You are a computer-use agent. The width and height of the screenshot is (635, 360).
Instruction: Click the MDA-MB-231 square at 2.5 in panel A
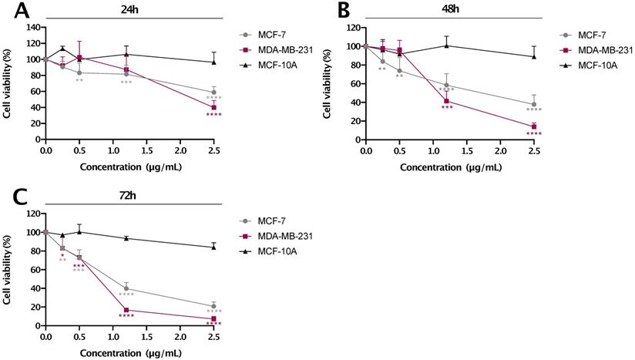pos(213,107)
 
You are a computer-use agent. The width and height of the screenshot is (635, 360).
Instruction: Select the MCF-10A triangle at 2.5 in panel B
pos(533,56)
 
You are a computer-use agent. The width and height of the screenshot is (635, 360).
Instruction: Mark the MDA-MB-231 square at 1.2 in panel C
pos(126,310)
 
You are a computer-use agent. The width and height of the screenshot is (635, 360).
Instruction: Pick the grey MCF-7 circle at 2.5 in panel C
pos(213,306)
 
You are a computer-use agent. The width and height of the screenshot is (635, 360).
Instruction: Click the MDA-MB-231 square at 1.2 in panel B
pos(446,101)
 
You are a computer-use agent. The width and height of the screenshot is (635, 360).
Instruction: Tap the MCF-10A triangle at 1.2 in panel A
pos(126,54)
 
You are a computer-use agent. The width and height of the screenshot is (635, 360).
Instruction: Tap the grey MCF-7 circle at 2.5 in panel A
pos(213,93)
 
